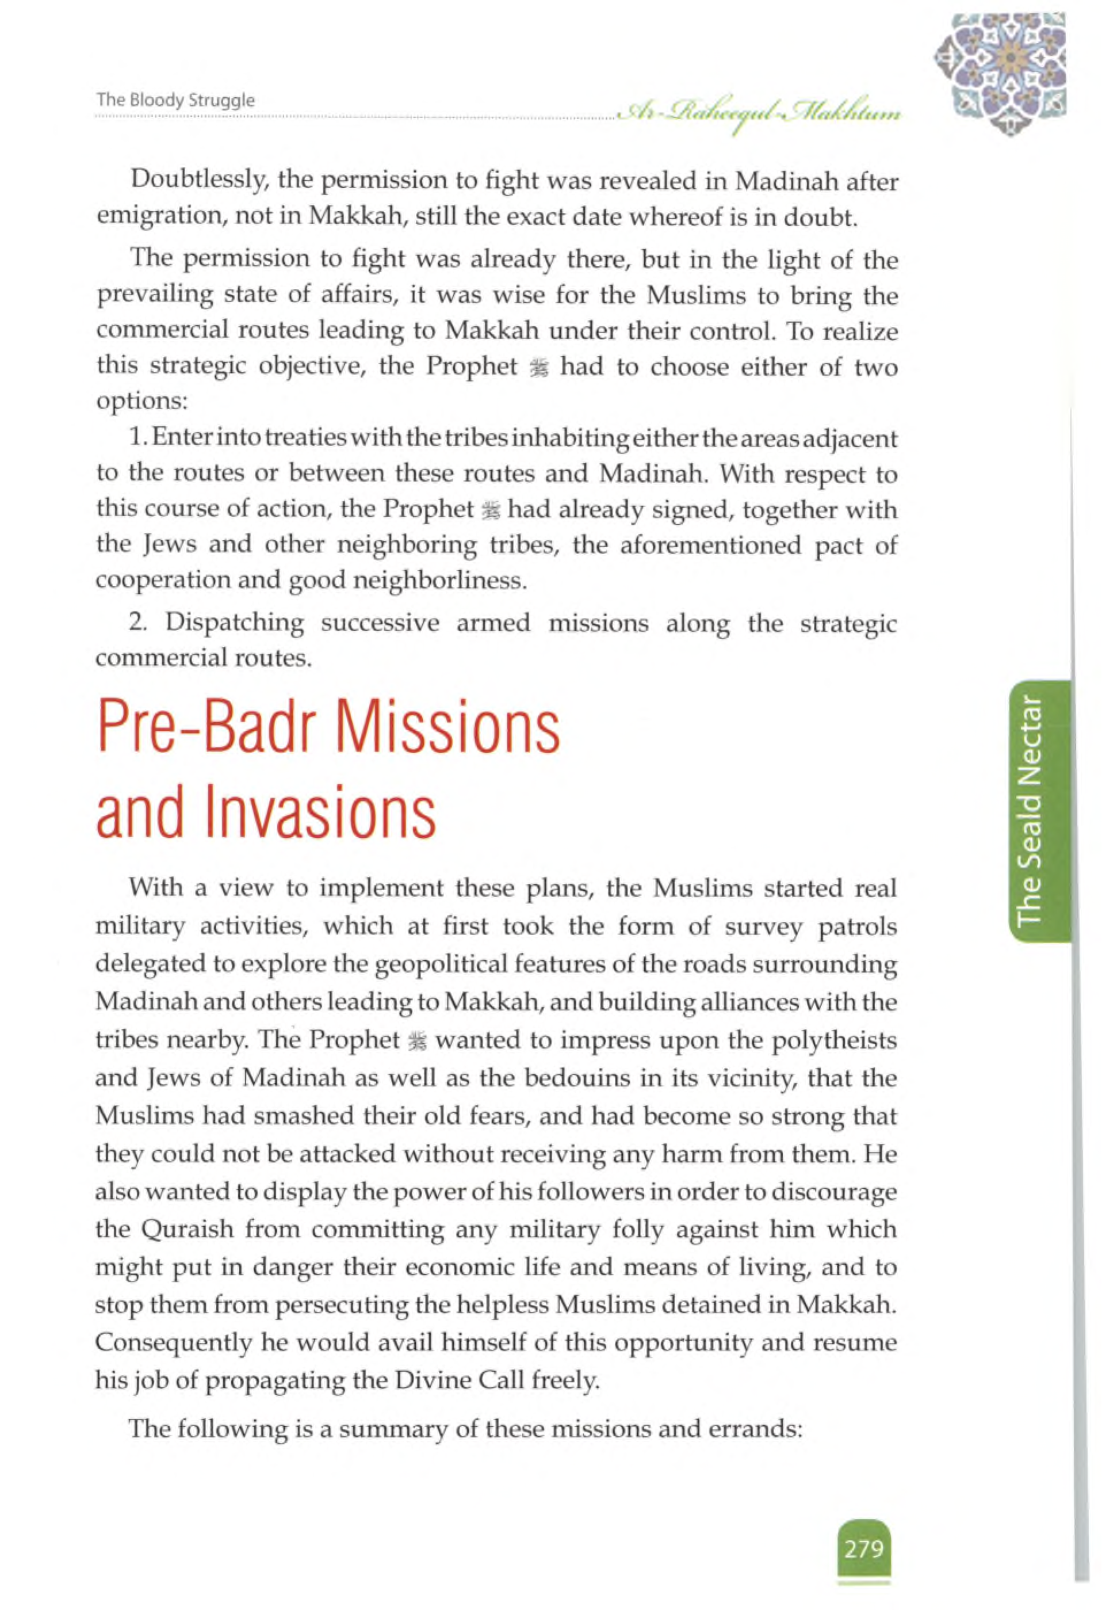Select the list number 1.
[x=136, y=438]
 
